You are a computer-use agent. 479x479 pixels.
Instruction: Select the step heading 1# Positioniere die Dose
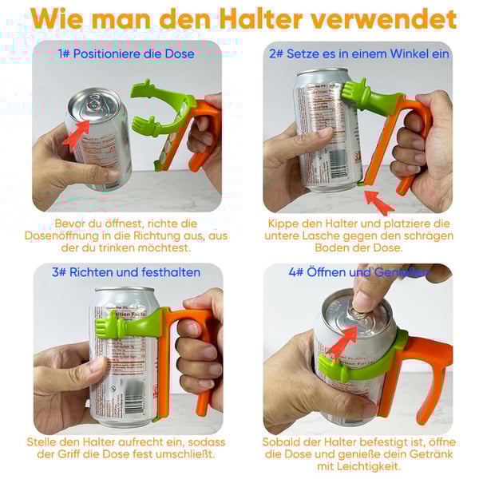[126, 53]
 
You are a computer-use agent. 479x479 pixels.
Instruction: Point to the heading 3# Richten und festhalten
[126, 272]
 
